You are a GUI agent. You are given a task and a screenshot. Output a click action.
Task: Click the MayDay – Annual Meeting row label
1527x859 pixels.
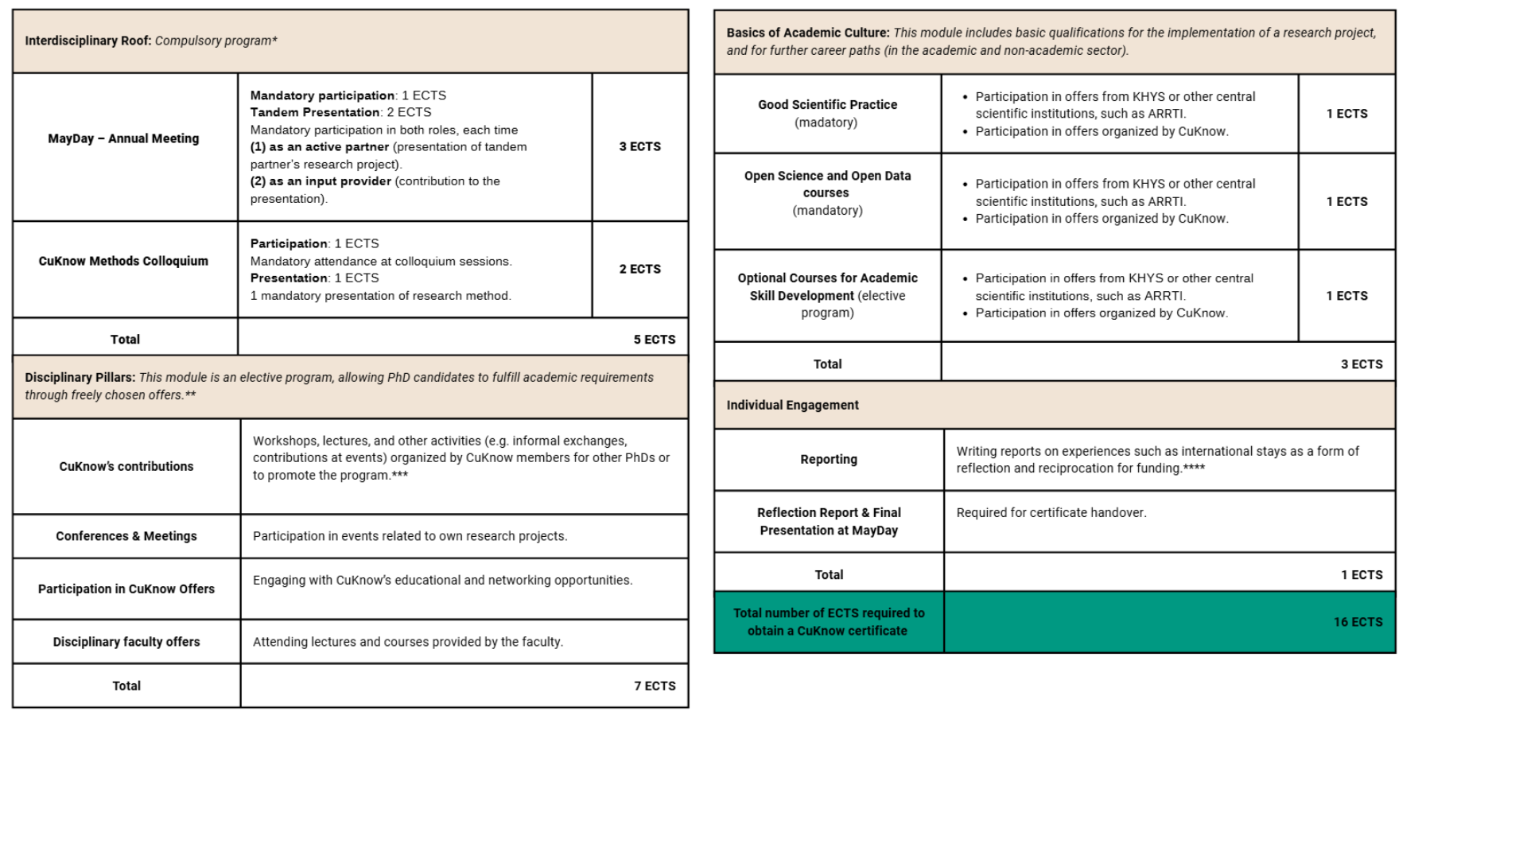tap(123, 138)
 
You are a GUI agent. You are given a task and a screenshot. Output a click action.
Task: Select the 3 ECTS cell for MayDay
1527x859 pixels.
tap(639, 146)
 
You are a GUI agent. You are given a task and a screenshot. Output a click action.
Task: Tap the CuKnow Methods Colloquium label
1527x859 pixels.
tap(123, 261)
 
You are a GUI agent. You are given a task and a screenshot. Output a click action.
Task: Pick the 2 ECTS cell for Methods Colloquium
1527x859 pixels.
tap(639, 269)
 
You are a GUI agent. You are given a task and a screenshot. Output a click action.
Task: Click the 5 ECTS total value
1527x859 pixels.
tap(654, 340)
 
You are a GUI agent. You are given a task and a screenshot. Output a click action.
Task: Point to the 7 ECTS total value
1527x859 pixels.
tap(655, 686)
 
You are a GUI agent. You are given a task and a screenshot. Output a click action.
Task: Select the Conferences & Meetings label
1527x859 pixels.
tap(126, 536)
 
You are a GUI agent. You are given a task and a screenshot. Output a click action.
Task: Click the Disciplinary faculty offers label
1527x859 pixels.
tap(126, 642)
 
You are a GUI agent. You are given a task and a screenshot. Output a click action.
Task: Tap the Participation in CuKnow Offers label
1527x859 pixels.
tap(126, 589)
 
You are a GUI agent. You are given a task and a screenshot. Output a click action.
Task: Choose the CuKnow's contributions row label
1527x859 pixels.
tap(126, 466)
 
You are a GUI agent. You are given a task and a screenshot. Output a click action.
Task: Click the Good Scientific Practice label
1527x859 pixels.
tap(827, 104)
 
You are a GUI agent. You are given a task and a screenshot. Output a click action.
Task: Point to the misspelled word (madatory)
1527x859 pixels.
tap(826, 122)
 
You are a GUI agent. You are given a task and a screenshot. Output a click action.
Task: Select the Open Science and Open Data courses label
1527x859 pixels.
tap(827, 184)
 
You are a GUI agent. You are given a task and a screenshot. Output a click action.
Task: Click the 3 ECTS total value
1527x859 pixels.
tap(1362, 364)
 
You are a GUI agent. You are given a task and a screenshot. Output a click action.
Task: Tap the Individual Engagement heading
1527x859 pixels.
tap(792, 405)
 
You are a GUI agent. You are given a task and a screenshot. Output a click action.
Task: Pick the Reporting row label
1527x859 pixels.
tap(829, 459)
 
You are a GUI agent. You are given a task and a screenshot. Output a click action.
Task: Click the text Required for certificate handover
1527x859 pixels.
tap(1051, 513)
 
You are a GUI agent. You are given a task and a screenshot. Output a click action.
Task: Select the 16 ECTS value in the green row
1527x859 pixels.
tap(1358, 622)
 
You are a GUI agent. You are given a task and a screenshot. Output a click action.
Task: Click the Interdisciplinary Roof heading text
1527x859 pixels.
tap(87, 41)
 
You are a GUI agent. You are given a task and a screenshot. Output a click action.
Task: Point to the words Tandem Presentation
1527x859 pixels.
tap(315, 112)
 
